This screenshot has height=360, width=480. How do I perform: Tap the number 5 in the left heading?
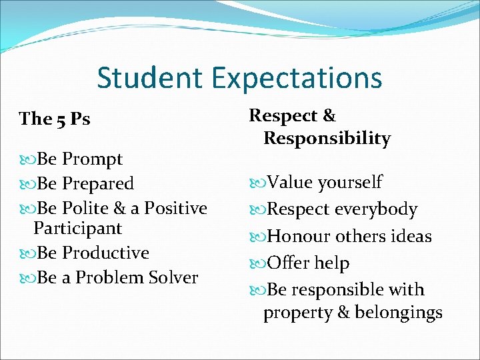pyautogui.click(x=62, y=119)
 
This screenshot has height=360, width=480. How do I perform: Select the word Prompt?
pyautogui.click(x=93, y=160)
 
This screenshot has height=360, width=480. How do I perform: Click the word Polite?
pyautogui.click(x=89, y=208)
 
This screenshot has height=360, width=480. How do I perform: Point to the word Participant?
pyautogui.click(x=78, y=229)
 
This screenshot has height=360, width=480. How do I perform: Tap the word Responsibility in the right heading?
pyautogui.click(x=327, y=139)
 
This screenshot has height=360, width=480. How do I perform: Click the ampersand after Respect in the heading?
pyautogui.click(x=329, y=116)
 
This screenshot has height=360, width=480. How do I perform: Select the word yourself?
pyautogui.click(x=350, y=183)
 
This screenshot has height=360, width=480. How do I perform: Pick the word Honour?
pyautogui.click(x=299, y=237)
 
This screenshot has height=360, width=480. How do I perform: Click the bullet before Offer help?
pyautogui.click(x=258, y=264)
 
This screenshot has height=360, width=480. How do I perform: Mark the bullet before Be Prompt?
pyautogui.click(x=28, y=160)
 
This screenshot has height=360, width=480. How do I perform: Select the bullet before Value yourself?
pyautogui.click(x=258, y=183)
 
